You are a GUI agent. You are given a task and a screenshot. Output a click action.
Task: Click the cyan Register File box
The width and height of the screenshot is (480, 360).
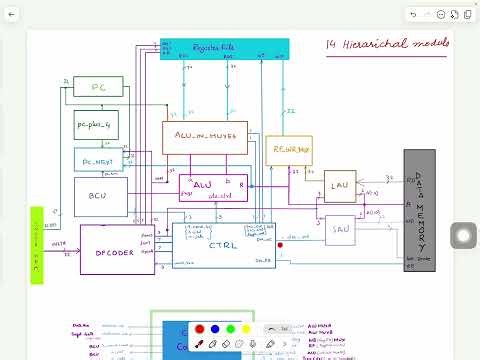tap(224, 47)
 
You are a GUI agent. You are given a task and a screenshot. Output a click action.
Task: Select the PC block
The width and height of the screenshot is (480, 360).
tap(97, 86)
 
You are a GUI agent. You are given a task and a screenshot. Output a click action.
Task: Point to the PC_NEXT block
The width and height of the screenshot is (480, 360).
tap(97, 158)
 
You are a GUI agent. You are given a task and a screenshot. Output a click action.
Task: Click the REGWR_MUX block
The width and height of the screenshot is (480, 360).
tap(288, 151)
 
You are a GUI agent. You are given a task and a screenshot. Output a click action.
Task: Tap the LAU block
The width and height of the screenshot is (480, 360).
tap(339, 185)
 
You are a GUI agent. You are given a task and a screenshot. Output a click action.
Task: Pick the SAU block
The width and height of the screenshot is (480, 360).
tap(339, 229)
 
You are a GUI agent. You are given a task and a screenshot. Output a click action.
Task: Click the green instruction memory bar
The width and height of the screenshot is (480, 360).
tap(37, 245)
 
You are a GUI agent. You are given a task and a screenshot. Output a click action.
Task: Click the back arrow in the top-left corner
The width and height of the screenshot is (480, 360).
tap(11, 14)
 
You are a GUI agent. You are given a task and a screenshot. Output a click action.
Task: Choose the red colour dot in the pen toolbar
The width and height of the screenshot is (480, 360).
tap(200, 329)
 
